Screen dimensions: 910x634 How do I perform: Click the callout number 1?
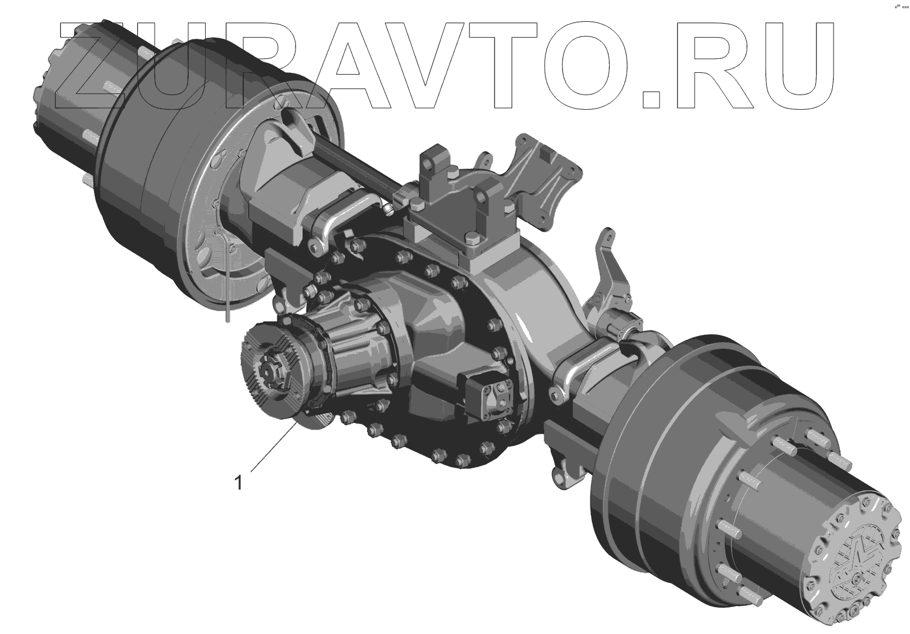[238, 483]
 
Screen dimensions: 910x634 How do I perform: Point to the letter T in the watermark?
[513, 65]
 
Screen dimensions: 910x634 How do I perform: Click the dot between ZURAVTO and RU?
[651, 99]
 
